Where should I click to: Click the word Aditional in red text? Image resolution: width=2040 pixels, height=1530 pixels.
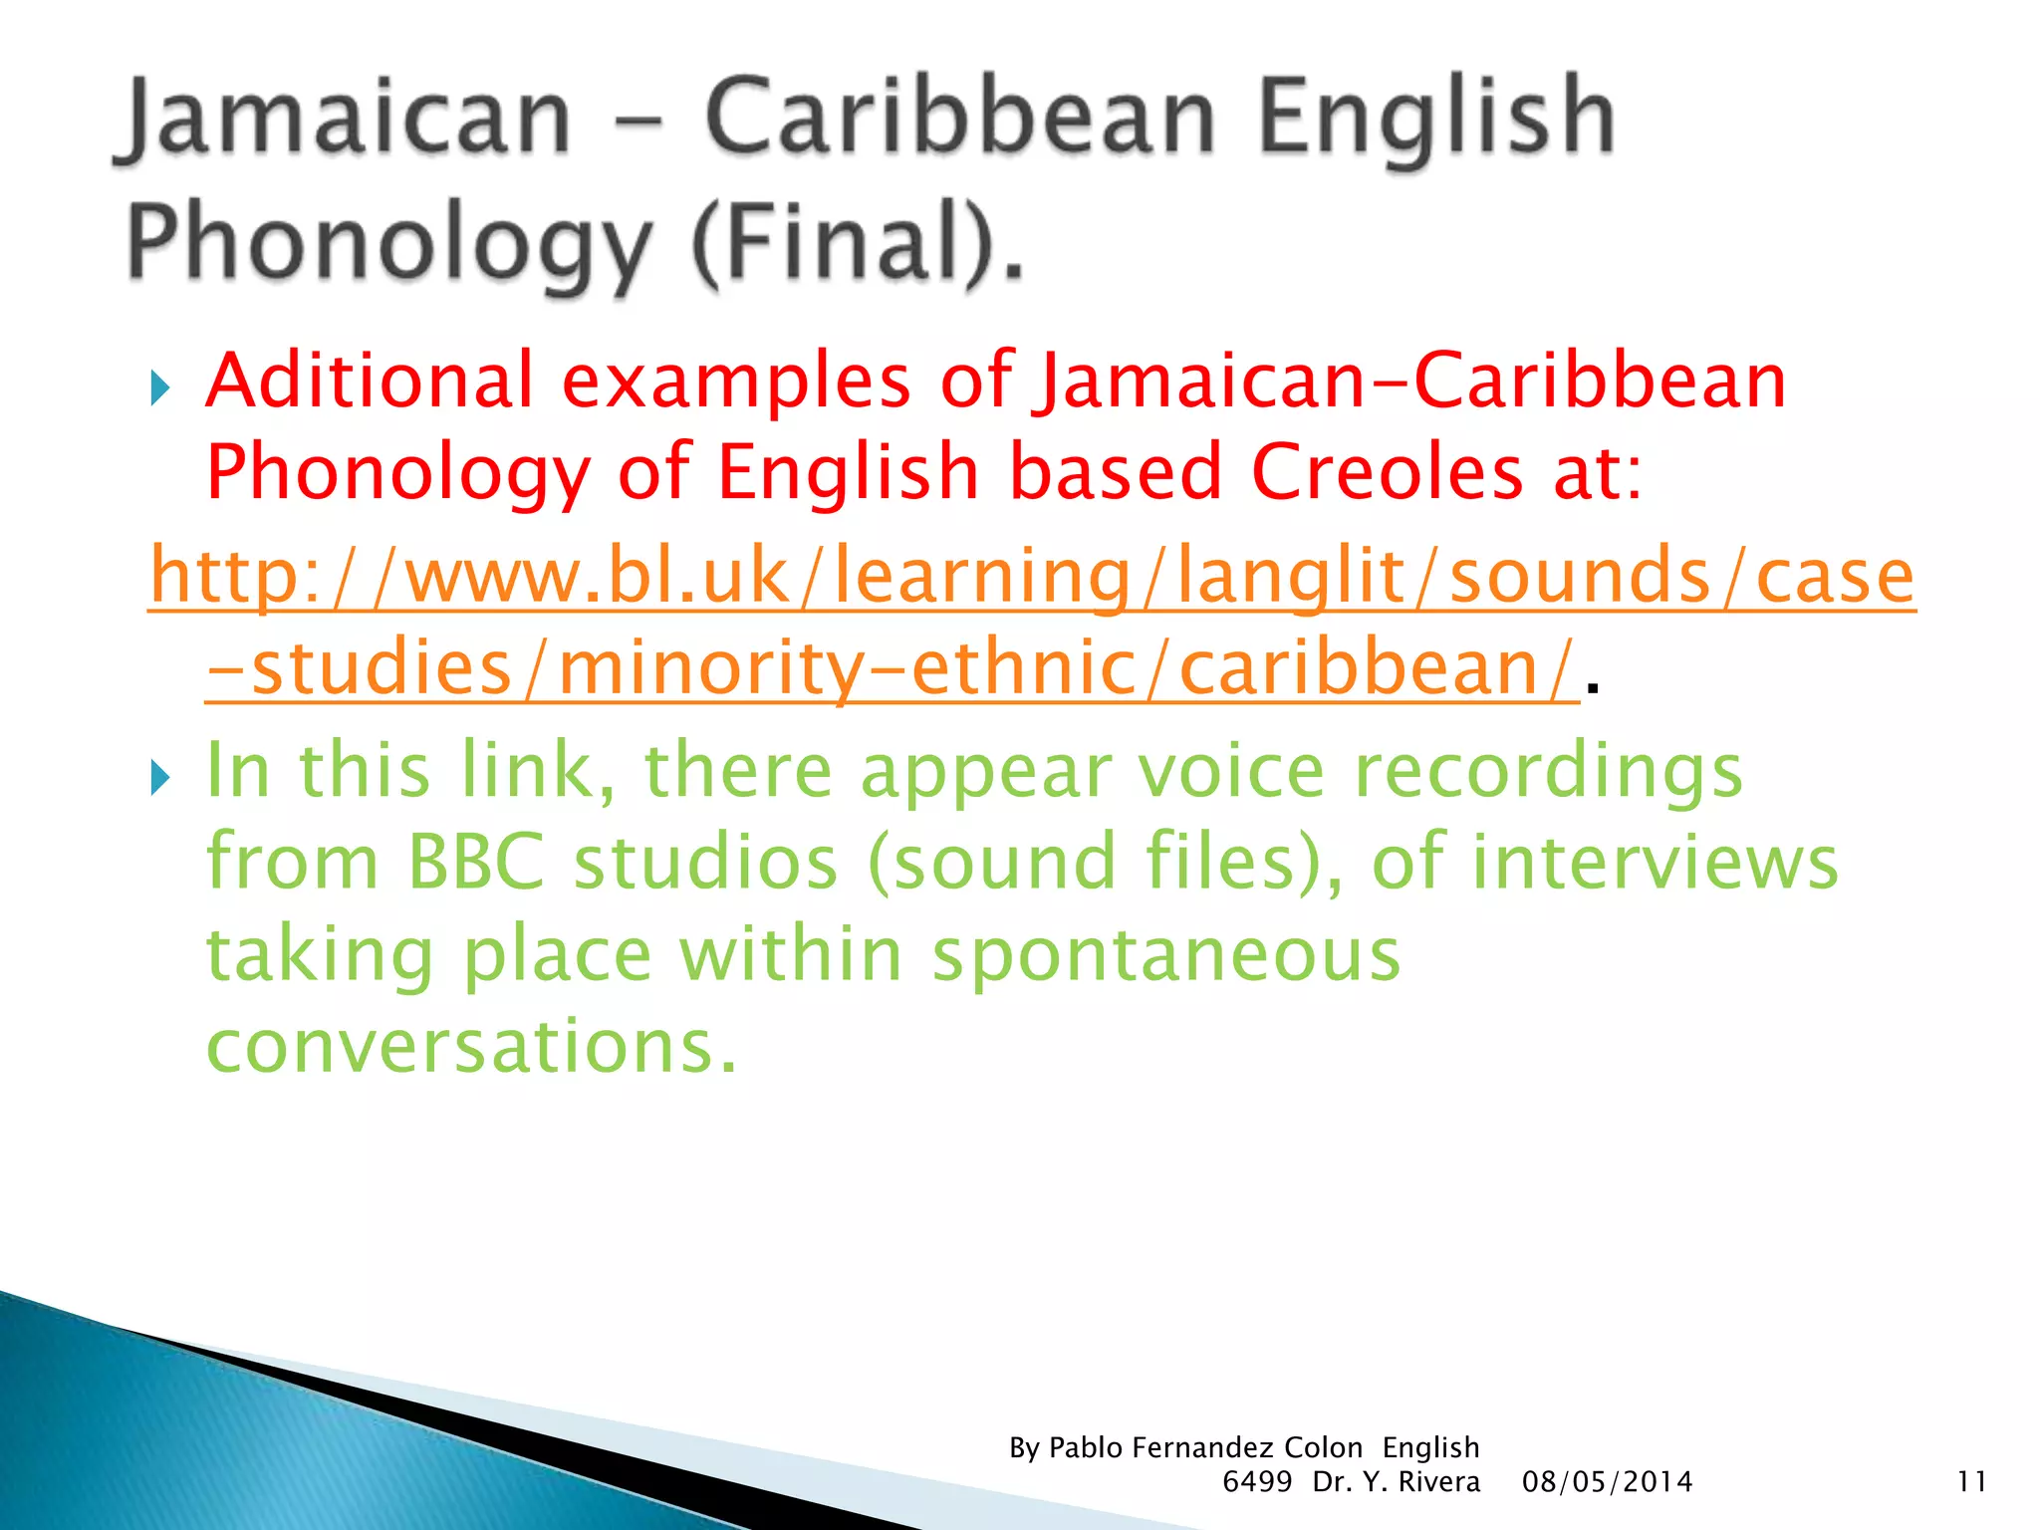[x=370, y=381]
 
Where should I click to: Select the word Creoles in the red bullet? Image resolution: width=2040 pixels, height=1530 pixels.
[x=1386, y=471]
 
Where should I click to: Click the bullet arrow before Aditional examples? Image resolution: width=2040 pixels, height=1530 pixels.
[x=159, y=386]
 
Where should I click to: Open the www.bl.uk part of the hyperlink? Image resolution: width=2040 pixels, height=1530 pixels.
[x=597, y=576]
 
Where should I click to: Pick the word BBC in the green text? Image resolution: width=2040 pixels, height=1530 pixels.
[x=476, y=862]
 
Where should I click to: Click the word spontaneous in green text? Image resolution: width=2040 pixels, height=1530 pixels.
[x=1165, y=953]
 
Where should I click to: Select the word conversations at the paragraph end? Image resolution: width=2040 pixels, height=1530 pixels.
[x=470, y=1046]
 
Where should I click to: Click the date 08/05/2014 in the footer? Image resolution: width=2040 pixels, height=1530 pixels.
[x=1607, y=1482]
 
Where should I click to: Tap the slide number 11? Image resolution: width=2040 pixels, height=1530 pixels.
[x=1971, y=1482]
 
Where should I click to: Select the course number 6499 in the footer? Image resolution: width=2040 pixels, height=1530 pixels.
[x=1257, y=1482]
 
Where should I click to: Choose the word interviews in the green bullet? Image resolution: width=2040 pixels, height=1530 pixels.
[x=1655, y=862]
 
